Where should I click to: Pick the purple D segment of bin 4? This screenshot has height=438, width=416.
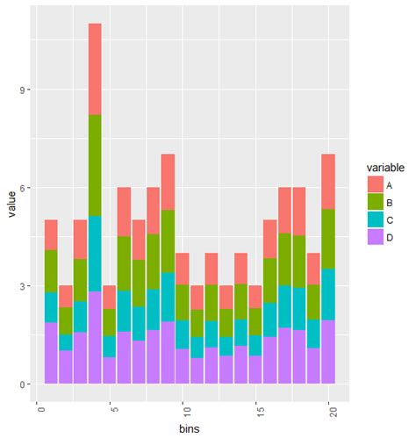pos(95,337)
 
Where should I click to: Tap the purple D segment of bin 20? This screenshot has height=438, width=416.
pos(328,351)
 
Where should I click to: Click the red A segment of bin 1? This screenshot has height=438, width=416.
pos(51,234)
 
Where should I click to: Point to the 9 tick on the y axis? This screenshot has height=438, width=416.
pos(26,90)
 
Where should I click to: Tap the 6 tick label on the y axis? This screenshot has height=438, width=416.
pos(26,188)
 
